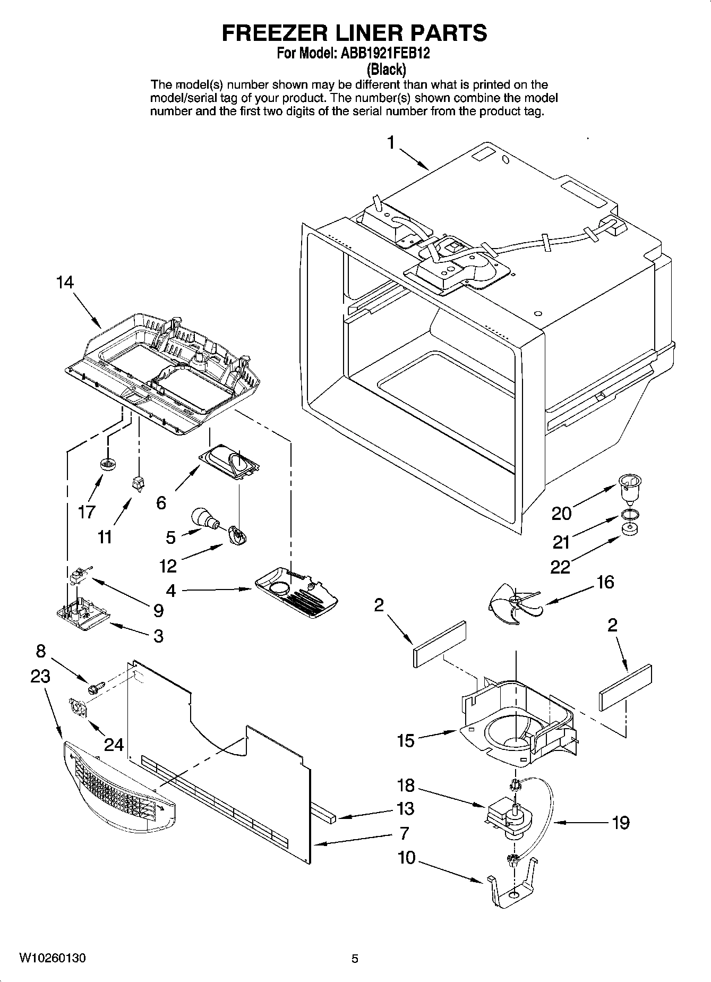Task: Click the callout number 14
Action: (65, 283)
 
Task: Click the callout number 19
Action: (620, 823)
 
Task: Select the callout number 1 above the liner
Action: (391, 143)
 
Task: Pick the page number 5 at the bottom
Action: (355, 958)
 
